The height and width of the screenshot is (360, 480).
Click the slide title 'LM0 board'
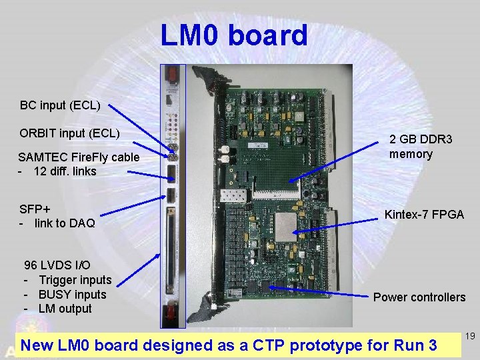tap(234, 35)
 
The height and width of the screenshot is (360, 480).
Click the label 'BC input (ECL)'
tap(60, 105)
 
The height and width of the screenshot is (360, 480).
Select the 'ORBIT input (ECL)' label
tap(69, 133)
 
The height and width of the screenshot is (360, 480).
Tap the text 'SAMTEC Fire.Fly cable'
tap(79, 157)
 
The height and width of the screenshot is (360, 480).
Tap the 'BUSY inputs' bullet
tap(72, 295)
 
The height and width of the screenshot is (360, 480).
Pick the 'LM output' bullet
tap(65, 309)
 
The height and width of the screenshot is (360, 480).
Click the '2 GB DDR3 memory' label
tap(421, 147)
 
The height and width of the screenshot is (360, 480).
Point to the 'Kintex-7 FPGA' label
tap(424, 215)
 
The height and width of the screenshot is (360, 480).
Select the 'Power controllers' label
tap(419, 297)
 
